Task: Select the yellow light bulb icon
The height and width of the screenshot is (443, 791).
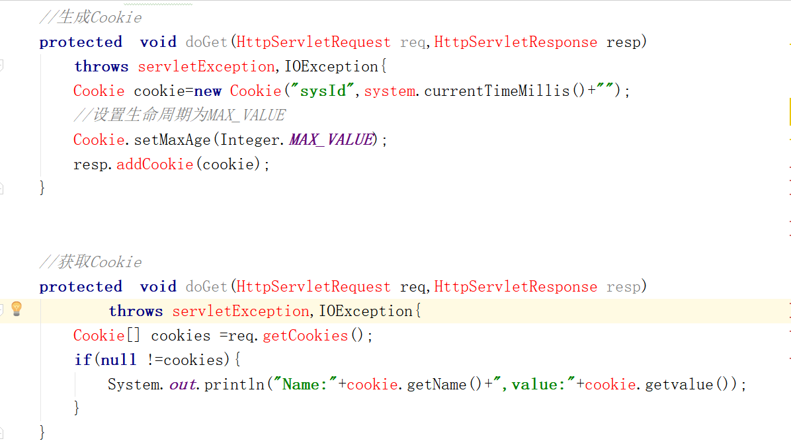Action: coord(17,309)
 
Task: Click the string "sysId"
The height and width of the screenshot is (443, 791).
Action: coord(323,91)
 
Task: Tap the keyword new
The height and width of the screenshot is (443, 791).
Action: coord(207,91)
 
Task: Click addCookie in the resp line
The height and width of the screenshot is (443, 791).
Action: coord(155,164)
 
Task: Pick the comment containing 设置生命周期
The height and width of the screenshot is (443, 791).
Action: coord(179,115)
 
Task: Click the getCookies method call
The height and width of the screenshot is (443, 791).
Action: coord(306,335)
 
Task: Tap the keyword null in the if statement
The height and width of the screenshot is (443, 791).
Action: coord(118,360)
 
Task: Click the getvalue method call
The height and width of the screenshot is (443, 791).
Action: coord(679,384)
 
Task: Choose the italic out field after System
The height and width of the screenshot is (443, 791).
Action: coord(183,384)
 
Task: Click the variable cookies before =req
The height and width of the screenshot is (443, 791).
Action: coord(181,335)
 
